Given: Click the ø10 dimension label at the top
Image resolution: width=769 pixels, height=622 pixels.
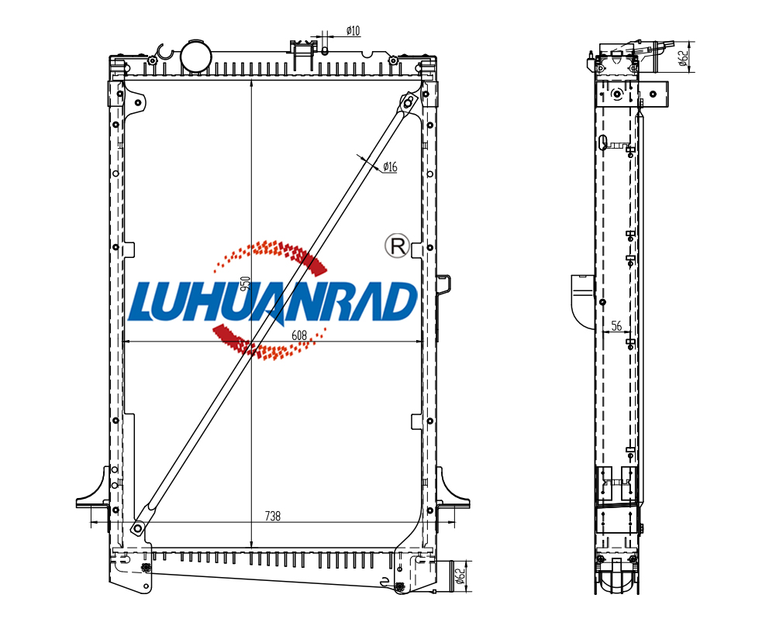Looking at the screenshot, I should click(x=352, y=31).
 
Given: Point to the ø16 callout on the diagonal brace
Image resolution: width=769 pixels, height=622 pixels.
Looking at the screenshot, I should click(x=389, y=167).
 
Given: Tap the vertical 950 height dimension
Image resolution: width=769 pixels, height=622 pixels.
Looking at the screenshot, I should click(x=245, y=283).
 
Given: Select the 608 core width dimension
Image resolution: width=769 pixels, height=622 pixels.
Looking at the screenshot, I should click(x=299, y=335).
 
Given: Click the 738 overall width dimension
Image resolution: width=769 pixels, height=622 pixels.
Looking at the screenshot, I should click(x=272, y=515).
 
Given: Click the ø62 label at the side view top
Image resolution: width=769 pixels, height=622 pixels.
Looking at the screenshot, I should click(x=682, y=57).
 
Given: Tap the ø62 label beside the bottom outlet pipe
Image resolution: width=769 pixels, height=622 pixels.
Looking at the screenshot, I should click(x=460, y=576).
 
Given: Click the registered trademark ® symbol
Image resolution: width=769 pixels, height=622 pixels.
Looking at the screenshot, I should click(x=396, y=246).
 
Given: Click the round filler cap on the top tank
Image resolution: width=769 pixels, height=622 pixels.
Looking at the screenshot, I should click(x=195, y=55).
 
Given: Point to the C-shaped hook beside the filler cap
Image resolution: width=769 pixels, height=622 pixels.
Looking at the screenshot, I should click(x=164, y=52).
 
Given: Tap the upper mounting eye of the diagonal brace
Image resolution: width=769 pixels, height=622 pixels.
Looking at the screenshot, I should click(x=409, y=101).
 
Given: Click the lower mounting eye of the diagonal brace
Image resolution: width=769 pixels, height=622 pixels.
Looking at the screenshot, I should click(x=138, y=529).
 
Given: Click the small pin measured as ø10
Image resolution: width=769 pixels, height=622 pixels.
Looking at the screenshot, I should click(x=324, y=50).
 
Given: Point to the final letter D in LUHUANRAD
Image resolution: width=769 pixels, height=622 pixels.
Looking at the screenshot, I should click(x=400, y=303).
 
